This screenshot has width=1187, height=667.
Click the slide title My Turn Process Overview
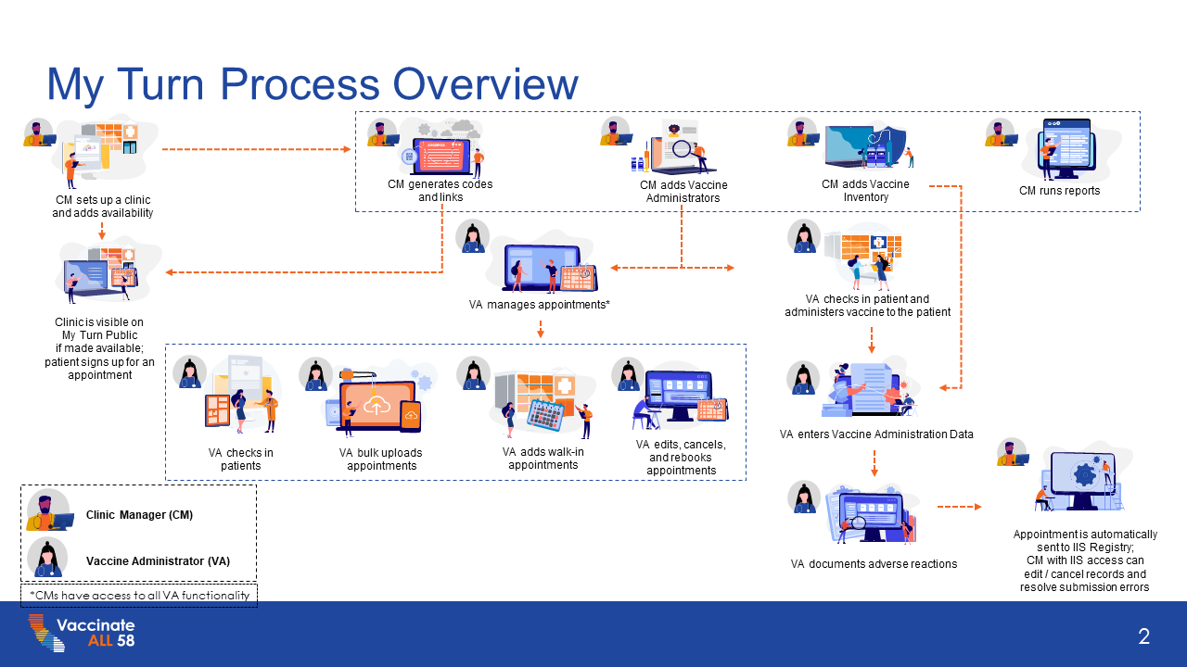tap(313, 84)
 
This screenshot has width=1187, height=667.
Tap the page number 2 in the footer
tap(1144, 636)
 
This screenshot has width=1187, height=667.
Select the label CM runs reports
tap(1059, 191)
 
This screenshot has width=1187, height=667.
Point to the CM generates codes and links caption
tap(440, 191)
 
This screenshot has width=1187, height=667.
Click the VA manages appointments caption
tap(539, 304)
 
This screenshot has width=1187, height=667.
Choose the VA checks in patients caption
tap(241, 459)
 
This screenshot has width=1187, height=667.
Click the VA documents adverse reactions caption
tap(874, 563)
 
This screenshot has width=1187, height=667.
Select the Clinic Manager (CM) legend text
tap(139, 515)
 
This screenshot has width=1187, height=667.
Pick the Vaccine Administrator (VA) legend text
tap(158, 561)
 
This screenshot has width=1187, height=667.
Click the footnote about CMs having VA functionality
tap(139, 596)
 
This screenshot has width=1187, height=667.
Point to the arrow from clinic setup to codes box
tap(256, 149)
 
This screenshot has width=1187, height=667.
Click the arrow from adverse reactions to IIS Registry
tap(959, 507)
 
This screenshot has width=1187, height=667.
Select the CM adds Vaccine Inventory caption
tap(865, 191)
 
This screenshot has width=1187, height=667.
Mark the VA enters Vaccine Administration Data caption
tap(876, 434)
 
